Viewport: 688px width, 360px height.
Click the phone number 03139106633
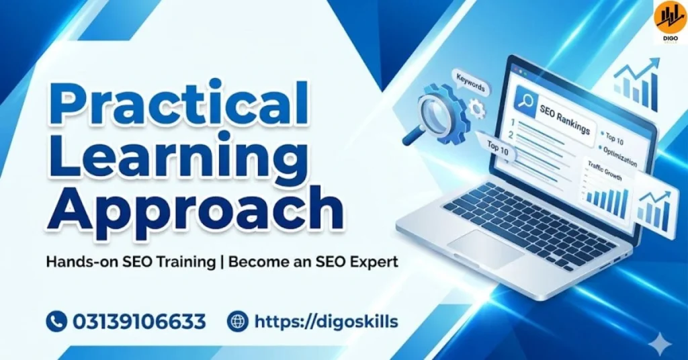(139, 322)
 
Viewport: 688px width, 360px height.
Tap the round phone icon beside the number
(56, 322)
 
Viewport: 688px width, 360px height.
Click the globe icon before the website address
(238, 322)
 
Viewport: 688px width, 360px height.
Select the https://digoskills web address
(326, 322)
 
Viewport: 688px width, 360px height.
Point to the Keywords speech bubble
(470, 87)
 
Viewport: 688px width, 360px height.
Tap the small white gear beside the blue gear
(478, 107)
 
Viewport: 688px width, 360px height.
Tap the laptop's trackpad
(484, 244)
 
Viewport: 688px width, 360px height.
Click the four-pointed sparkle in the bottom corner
(661, 343)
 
